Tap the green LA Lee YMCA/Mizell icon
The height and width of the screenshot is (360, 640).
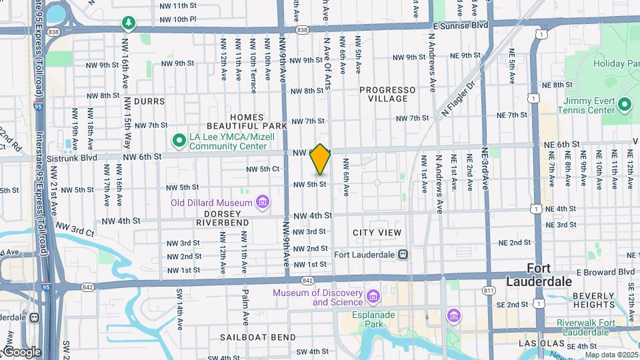click(x=178, y=141)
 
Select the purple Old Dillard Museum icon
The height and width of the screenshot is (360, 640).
click(x=262, y=202)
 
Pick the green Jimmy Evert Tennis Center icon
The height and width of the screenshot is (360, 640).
click(x=625, y=105)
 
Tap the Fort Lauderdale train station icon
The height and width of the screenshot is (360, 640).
click(x=403, y=254)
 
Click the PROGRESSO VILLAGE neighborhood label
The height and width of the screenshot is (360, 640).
click(x=387, y=94)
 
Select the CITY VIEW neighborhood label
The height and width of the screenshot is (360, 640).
click(x=377, y=233)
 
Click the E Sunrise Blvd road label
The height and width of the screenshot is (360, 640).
click(x=459, y=25)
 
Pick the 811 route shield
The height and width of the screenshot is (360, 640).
click(x=489, y=291)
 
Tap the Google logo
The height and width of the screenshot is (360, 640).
click(x=22, y=352)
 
